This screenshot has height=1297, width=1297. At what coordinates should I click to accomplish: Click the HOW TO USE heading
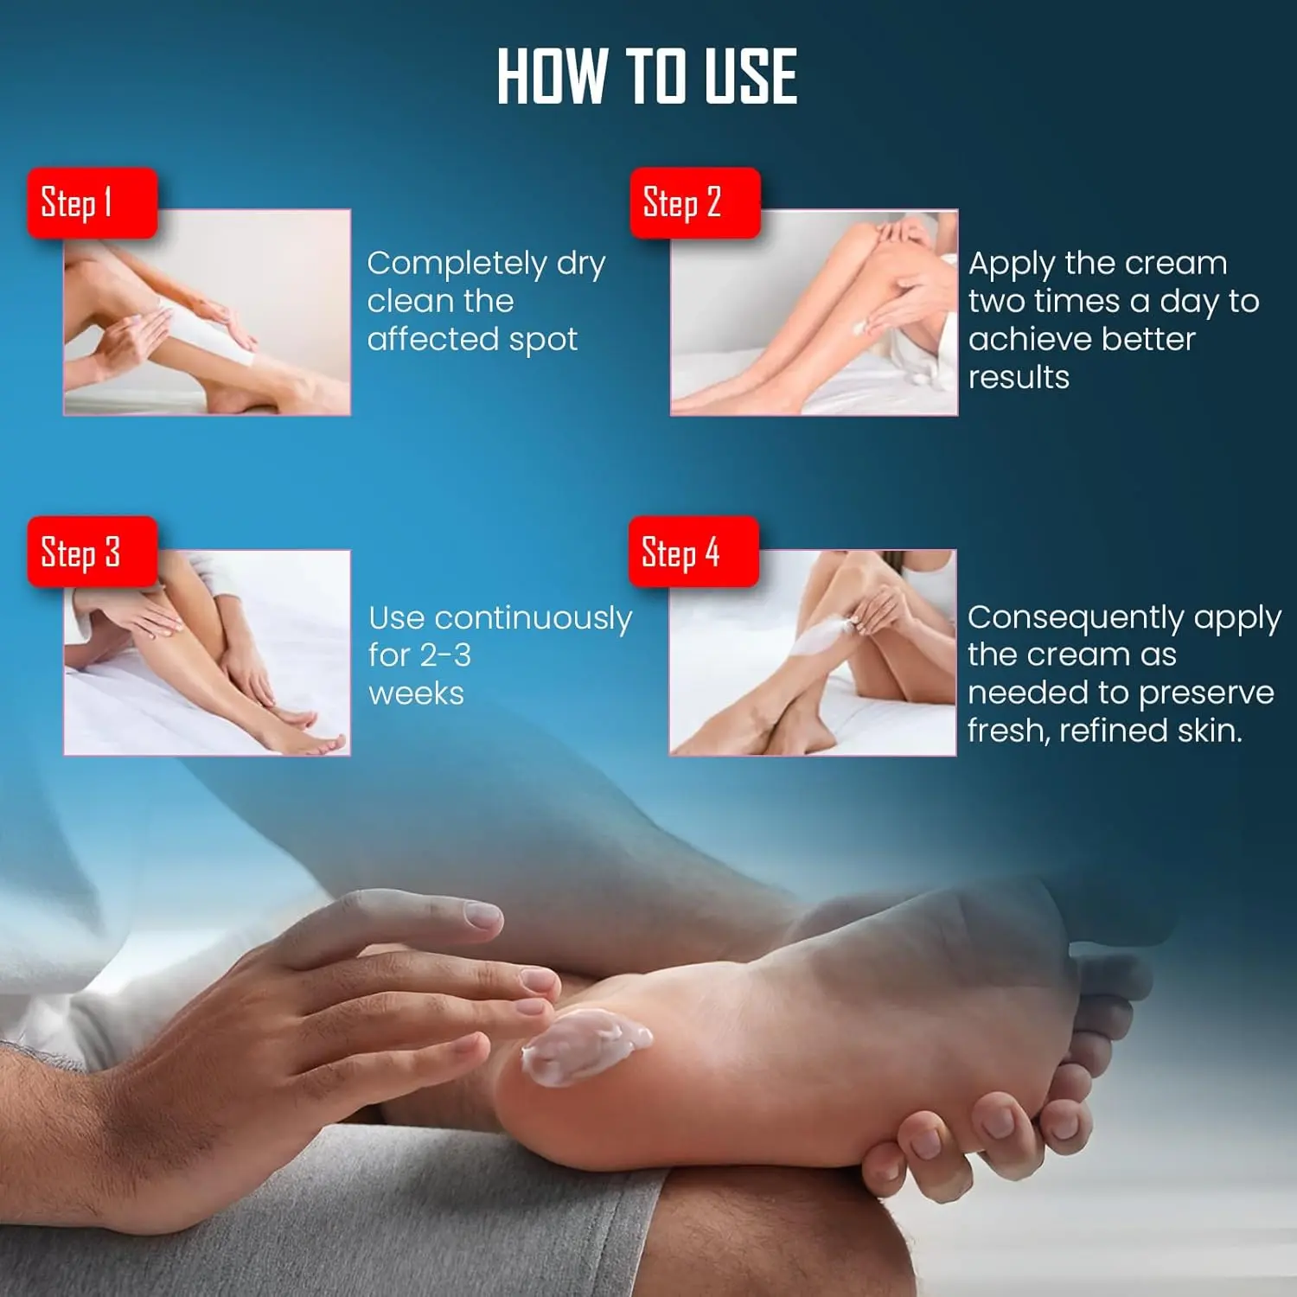click(647, 76)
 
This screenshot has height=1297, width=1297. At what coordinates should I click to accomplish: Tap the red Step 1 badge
click(93, 203)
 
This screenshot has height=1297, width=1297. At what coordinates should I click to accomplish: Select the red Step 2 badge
click(695, 203)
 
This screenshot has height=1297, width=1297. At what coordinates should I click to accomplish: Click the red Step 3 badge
click(93, 552)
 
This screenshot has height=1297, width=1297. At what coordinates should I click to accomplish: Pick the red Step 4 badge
click(693, 552)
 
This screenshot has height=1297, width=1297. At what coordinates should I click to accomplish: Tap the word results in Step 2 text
click(1019, 377)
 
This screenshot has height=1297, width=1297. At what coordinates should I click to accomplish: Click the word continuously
click(533, 619)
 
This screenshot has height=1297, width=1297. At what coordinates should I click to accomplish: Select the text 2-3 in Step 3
click(445, 655)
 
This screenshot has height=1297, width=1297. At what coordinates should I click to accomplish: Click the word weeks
click(417, 693)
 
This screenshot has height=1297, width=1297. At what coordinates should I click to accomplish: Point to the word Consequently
click(1076, 618)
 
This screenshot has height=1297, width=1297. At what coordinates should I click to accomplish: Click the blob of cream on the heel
click(585, 1046)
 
